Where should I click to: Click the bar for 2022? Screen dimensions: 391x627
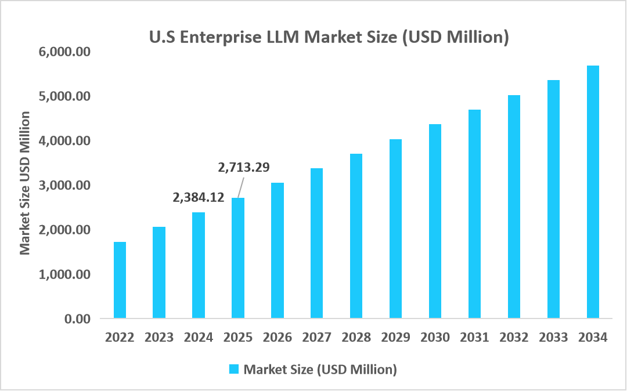point(120,280)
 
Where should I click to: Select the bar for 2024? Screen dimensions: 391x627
point(199,265)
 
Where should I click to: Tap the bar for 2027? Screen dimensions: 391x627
point(317,243)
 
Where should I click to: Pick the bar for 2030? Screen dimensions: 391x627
point(435,221)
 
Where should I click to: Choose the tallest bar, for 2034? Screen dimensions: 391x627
point(593,192)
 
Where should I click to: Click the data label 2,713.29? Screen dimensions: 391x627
point(244,168)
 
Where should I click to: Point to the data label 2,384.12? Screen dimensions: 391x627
point(199,197)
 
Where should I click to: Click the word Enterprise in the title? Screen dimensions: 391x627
point(218,37)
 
